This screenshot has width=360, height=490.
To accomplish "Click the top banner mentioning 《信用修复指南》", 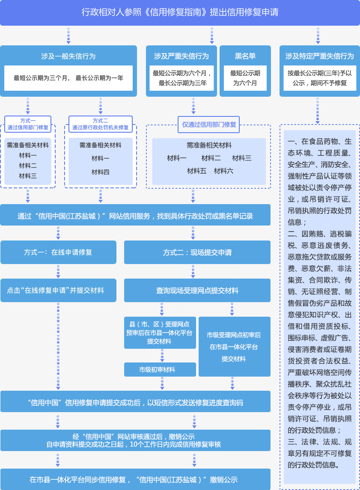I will tap(180, 12).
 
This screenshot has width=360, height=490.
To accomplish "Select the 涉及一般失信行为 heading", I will tap(68, 56).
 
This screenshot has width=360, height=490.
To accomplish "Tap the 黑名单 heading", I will tap(245, 56).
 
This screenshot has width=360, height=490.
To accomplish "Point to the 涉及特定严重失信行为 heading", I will tap(320, 56).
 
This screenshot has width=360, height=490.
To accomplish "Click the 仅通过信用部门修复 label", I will tap(209, 125).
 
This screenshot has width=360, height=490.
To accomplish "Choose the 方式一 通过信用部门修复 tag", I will tap(28, 124).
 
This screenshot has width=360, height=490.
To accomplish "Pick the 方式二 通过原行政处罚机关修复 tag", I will tap(101, 124).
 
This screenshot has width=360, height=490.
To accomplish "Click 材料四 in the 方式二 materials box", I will tap(100, 172).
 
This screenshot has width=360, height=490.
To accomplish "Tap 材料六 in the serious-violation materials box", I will tap(223, 171).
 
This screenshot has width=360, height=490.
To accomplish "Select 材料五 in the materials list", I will tap(196, 171).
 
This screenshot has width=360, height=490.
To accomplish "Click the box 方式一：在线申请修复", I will tap(58, 252).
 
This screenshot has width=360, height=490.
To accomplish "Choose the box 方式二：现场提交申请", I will tap(197, 252).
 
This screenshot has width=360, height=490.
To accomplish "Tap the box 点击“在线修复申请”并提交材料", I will tap(58, 290).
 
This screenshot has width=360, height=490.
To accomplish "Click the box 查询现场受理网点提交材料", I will tap(197, 291).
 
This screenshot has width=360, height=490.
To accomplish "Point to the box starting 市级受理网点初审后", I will tap(234, 347).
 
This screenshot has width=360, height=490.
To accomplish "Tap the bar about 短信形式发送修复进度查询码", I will tap(135, 402).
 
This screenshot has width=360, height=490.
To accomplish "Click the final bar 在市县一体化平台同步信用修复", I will tap(135, 479).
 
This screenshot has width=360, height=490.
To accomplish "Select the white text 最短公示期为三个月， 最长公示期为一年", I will tap(68, 78).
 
